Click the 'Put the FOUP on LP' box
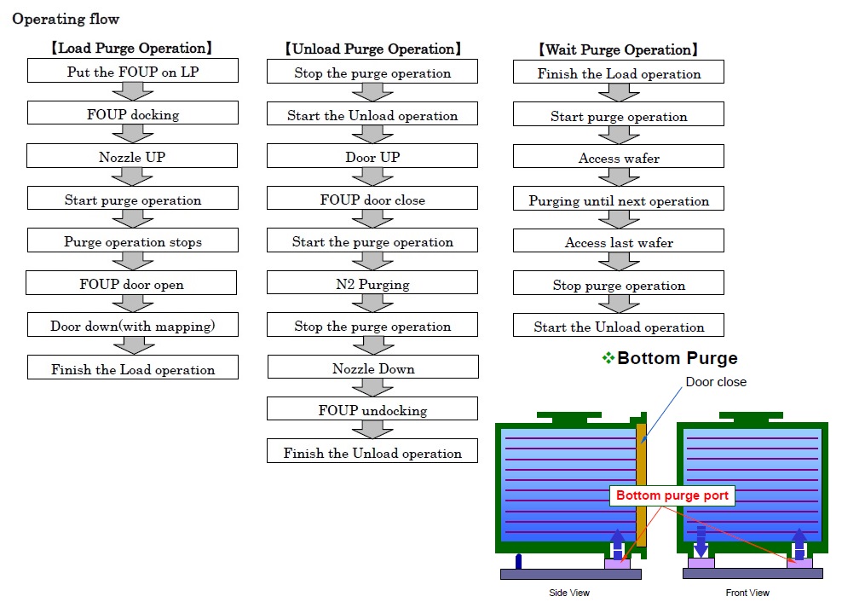[133, 71]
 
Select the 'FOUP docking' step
[133, 113]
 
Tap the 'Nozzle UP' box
[132, 156]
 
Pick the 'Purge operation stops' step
[133, 240]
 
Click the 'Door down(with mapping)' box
[133, 325]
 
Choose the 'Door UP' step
[372, 156]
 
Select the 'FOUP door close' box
[372, 199]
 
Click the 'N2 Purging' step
[372, 283]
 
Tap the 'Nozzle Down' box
[373, 368]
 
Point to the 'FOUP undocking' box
[372, 409]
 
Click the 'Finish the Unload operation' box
[372, 452]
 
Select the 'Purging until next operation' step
[619, 199]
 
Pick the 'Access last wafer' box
[619, 240]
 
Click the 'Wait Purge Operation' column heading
[619, 50]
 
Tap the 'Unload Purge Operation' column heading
[372, 49]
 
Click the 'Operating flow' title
[66, 19]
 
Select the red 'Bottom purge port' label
[672, 495]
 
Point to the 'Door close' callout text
[716, 382]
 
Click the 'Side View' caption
[569, 593]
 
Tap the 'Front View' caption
[747, 593]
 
